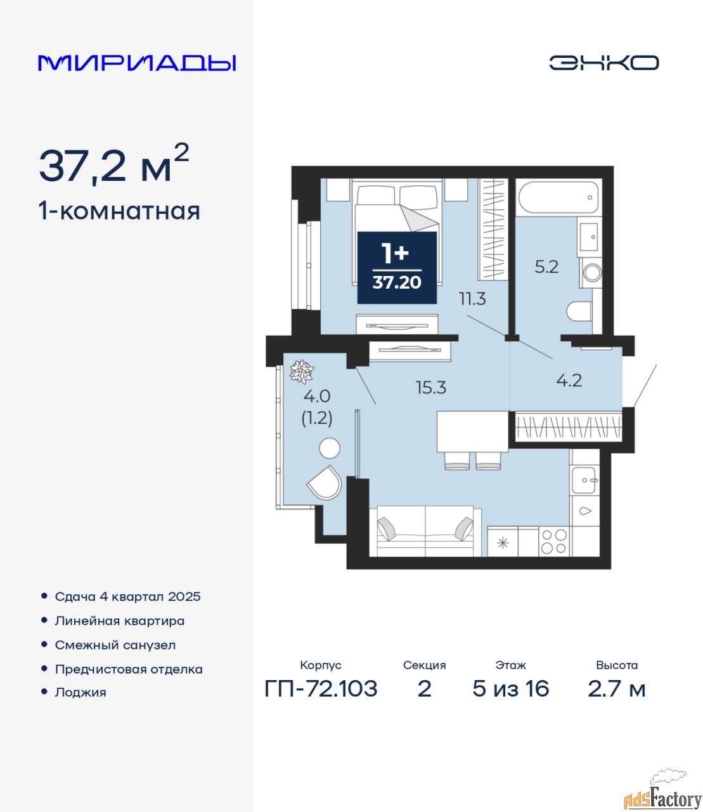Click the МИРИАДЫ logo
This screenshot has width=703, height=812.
[137, 63]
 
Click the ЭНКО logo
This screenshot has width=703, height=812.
[603, 63]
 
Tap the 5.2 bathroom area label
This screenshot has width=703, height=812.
[546, 267]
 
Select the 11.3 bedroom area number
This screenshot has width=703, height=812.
[473, 299]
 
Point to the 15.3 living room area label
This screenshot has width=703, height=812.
[431, 388]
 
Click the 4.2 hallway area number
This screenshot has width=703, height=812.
[569, 381]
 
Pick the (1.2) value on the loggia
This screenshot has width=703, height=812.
[317, 418]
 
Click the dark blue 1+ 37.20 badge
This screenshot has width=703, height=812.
[397, 268]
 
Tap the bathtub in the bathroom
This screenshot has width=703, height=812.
[558, 197]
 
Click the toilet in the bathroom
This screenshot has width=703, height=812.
[579, 311]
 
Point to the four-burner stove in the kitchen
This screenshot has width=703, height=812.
[554, 542]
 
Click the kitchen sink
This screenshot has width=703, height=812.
[583, 480]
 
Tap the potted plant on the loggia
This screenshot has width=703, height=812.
[302, 371]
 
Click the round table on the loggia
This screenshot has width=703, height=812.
[330, 448]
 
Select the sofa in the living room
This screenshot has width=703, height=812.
[425, 531]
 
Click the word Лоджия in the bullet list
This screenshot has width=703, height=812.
[81, 692]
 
